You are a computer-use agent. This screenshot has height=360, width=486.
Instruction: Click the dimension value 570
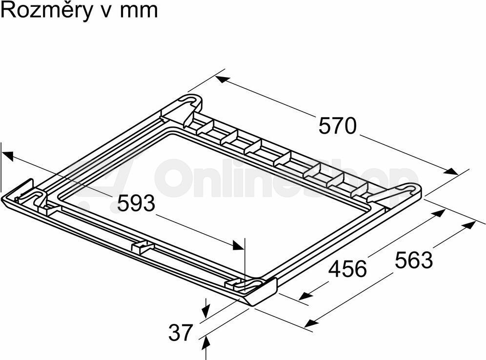[338, 126]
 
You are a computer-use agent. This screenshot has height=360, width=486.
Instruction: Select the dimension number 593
[136, 203]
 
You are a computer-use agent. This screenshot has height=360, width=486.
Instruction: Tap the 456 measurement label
[347, 269]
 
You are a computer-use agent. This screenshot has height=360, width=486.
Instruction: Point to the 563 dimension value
[413, 260]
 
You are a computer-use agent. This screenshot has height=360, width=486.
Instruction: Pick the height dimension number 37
[181, 332]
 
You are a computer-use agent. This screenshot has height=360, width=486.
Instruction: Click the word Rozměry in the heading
[47, 11]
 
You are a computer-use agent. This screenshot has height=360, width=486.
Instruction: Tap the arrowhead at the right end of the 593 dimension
[238, 245]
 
